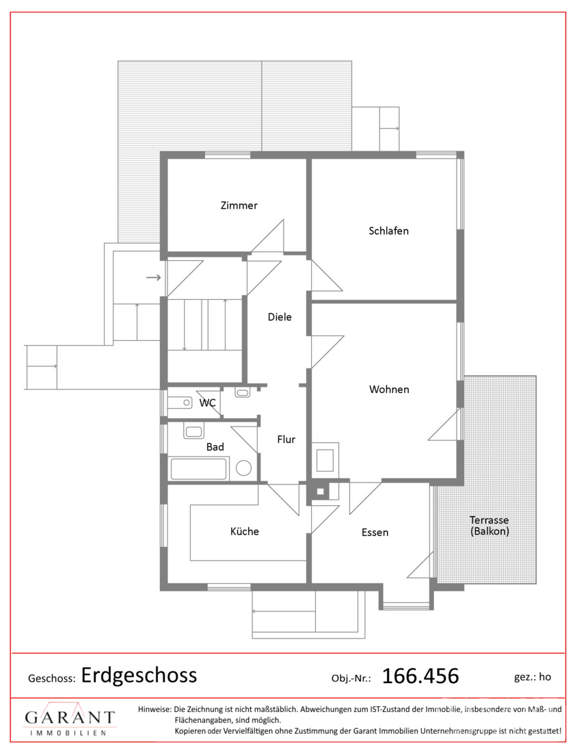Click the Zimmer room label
(x=239, y=205)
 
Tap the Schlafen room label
(x=388, y=231)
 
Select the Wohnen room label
(x=389, y=390)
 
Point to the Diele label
(x=280, y=317)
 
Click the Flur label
(x=286, y=439)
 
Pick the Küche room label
(x=245, y=531)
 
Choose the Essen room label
(x=375, y=533)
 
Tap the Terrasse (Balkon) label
(x=489, y=525)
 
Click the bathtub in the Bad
(x=198, y=469)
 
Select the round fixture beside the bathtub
(x=243, y=468)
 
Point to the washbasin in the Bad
(x=193, y=431)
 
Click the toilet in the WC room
(x=180, y=403)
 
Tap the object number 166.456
(x=420, y=676)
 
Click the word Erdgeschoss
(x=139, y=676)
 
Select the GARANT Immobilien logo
(x=70, y=719)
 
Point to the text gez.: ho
(x=533, y=677)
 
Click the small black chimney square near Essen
(x=321, y=492)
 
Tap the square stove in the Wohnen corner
(x=325, y=460)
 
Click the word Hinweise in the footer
(x=155, y=709)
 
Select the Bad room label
(x=215, y=447)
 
